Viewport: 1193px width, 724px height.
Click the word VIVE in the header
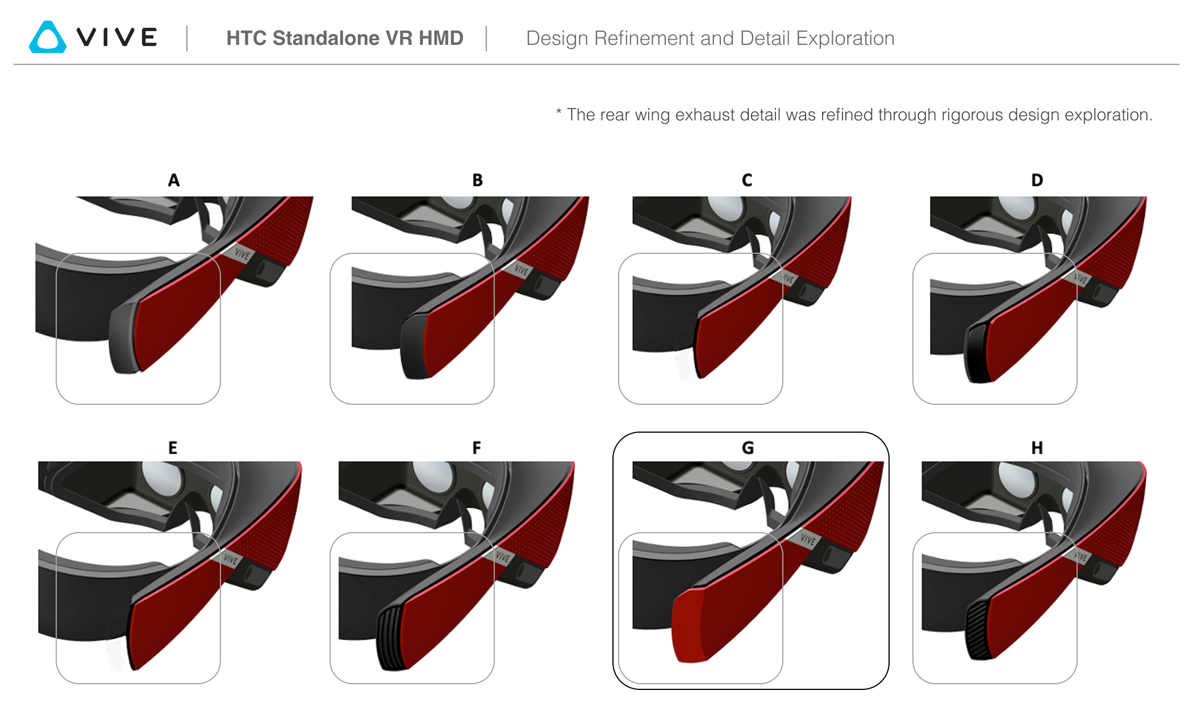[117, 37]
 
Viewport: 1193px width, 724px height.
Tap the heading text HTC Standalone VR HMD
[344, 38]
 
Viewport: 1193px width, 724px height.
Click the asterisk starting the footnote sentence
[559, 112]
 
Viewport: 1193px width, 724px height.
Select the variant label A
[174, 180]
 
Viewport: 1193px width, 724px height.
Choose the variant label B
[477, 180]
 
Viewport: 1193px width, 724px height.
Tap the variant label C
[747, 180]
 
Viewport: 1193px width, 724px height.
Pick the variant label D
[1037, 180]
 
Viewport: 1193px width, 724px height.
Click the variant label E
[173, 448]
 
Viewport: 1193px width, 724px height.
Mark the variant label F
[477, 448]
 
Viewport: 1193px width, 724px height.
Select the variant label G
[748, 448]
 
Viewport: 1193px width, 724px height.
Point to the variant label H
[1037, 448]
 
